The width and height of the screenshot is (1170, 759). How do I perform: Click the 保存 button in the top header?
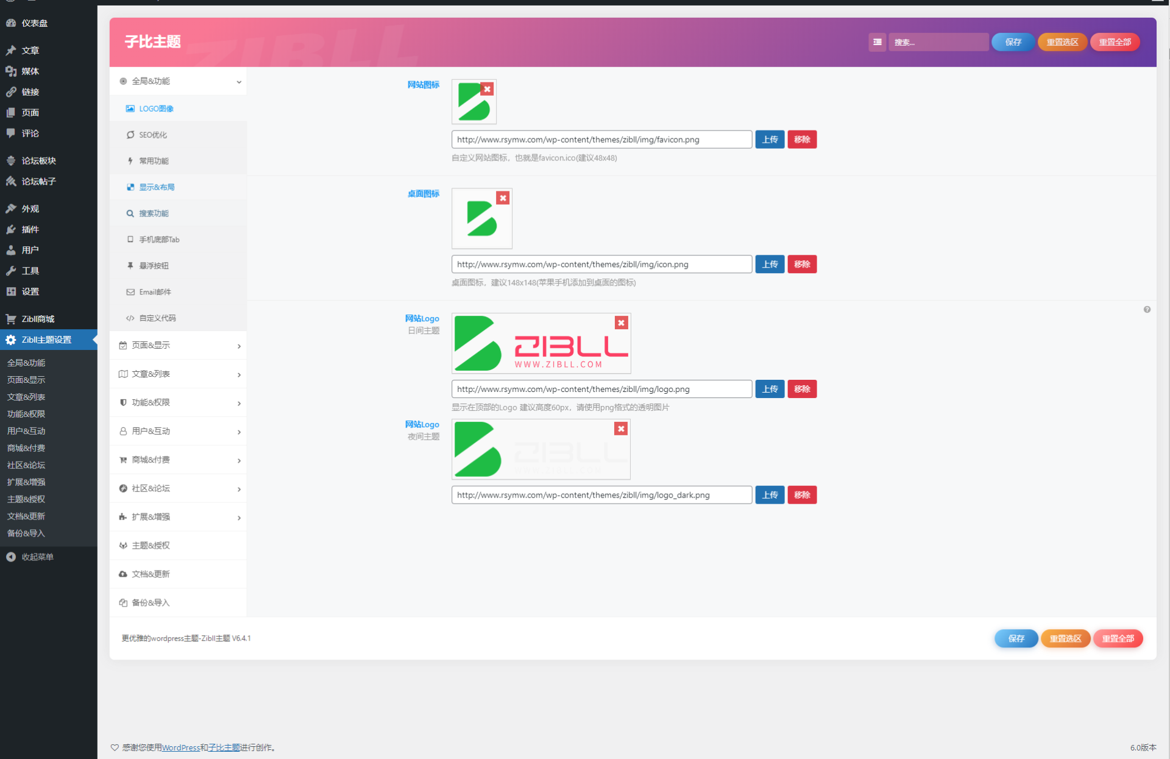pyautogui.click(x=1013, y=42)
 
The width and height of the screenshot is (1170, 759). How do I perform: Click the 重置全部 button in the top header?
pyautogui.click(x=1115, y=42)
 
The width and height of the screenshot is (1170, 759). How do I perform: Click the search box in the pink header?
pyautogui.click(x=938, y=42)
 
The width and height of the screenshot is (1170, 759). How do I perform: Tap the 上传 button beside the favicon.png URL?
pyautogui.click(x=770, y=140)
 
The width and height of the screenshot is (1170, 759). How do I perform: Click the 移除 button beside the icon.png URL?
pyautogui.click(x=802, y=264)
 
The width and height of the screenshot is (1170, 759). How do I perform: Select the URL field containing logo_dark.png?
pyautogui.click(x=601, y=495)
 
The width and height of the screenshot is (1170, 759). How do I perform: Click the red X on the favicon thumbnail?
pyautogui.click(x=487, y=89)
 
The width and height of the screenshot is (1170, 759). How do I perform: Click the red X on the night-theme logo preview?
pyautogui.click(x=621, y=429)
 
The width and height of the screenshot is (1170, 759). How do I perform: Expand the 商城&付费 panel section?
pyautogui.click(x=178, y=460)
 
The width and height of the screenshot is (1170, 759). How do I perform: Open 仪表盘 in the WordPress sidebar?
pyautogui.click(x=34, y=23)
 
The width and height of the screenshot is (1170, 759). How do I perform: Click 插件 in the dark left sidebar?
pyautogui.click(x=30, y=229)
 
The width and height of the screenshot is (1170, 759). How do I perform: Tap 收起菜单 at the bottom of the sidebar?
pyautogui.click(x=37, y=557)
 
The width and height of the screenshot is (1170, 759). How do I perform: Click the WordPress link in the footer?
pyautogui.click(x=181, y=747)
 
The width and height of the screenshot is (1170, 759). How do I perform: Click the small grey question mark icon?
pyautogui.click(x=1147, y=310)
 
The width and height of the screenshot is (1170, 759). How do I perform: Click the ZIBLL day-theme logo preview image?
pyautogui.click(x=541, y=343)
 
